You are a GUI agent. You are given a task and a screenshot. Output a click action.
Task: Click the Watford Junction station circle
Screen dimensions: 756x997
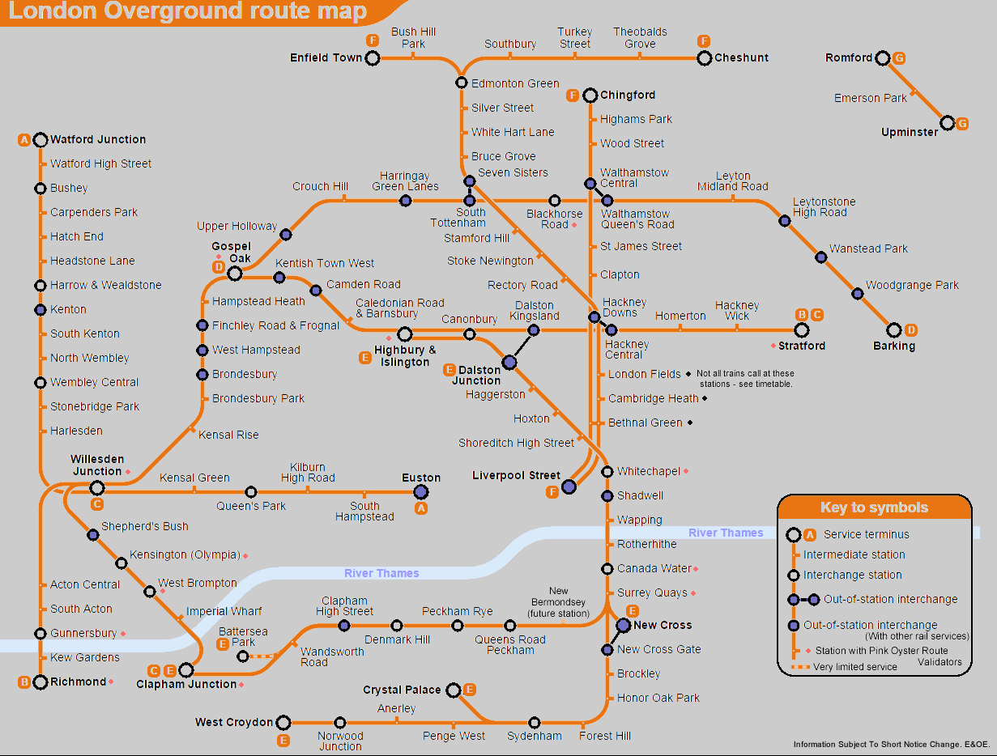click(x=40, y=140)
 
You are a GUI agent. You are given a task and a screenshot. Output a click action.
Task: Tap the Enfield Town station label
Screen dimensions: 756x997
click(x=326, y=57)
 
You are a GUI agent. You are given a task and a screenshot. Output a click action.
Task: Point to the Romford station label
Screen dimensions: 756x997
click(x=849, y=57)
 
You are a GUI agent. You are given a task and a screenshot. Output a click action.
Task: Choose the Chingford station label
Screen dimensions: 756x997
click(x=628, y=95)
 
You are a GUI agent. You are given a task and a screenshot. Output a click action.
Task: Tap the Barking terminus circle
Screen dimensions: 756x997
click(x=894, y=330)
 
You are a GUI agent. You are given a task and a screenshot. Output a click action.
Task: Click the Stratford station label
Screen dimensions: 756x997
click(x=802, y=346)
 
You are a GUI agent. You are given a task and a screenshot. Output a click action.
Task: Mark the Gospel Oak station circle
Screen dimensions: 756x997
click(x=235, y=274)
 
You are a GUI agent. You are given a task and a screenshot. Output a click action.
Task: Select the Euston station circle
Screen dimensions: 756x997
click(x=420, y=491)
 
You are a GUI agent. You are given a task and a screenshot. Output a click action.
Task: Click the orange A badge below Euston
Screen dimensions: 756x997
click(x=420, y=508)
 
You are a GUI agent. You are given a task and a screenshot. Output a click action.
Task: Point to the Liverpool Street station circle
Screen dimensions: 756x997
click(x=569, y=486)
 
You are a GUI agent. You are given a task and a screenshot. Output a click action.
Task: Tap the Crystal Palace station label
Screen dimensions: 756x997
click(x=402, y=690)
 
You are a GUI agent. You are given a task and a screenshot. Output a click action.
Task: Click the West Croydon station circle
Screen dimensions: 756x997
click(x=283, y=722)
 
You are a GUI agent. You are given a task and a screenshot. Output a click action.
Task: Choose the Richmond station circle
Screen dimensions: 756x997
click(x=40, y=682)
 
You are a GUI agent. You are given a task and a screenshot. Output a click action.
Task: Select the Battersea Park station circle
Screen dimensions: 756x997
click(x=243, y=656)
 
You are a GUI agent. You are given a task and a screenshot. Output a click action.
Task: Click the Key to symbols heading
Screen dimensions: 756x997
click(x=874, y=508)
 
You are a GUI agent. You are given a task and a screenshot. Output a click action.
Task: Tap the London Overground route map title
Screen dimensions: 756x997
click(x=187, y=12)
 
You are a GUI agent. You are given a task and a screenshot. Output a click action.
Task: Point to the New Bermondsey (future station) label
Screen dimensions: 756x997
click(x=558, y=602)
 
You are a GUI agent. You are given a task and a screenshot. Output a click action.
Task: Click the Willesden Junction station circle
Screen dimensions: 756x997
click(x=97, y=487)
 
